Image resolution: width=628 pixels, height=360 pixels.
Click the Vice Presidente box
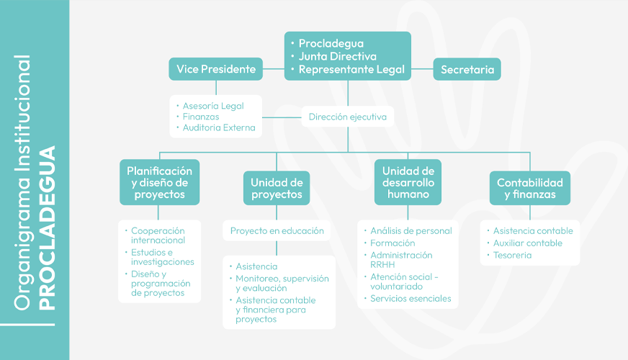216,69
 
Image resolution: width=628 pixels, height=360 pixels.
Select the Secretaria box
467,70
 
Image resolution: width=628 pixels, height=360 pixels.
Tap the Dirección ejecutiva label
347,117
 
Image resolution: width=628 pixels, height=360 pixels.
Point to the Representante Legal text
351,70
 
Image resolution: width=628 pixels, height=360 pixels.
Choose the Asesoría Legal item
213,106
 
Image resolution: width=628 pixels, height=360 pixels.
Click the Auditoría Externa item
218,128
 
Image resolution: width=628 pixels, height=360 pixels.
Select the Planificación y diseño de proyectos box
159,183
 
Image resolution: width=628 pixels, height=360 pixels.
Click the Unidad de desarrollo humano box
408,183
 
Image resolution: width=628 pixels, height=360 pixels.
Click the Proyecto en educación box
277,231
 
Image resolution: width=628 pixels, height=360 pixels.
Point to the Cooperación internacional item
158,235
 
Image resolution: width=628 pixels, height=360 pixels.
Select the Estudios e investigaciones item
162,257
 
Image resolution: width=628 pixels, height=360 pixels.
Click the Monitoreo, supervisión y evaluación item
282,283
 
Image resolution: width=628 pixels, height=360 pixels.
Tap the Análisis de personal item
411,231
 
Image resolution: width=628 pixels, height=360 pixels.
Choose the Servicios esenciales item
411,298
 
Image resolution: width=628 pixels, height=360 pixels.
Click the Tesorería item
512,255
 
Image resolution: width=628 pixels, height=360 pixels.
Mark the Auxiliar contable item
527,243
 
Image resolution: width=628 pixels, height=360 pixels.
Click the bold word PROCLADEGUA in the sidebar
48,228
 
